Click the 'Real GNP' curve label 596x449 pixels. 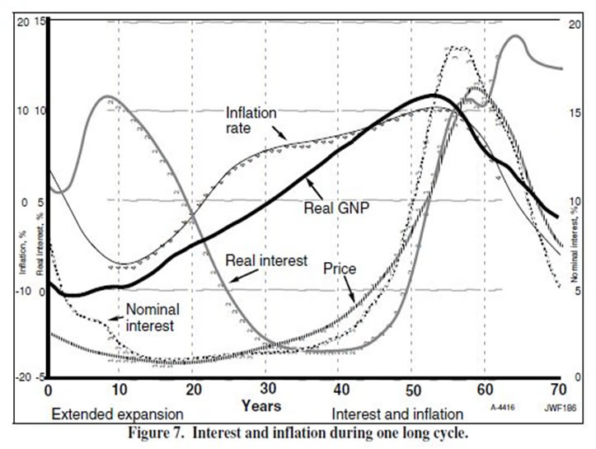click(335, 208)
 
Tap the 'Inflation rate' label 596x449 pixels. click(251, 119)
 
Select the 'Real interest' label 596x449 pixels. click(261, 260)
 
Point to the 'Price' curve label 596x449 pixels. click(338, 269)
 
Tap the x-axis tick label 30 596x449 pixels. click(266, 388)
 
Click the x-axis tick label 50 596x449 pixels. click(412, 388)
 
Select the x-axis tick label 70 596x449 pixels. click(557, 388)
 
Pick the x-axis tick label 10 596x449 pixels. click(120, 388)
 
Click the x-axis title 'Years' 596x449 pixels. click(261, 405)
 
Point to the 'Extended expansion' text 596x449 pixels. click(116, 411)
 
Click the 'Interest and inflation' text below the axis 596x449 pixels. click(397, 411)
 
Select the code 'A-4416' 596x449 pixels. click(504, 407)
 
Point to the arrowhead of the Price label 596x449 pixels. click(355, 302)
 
